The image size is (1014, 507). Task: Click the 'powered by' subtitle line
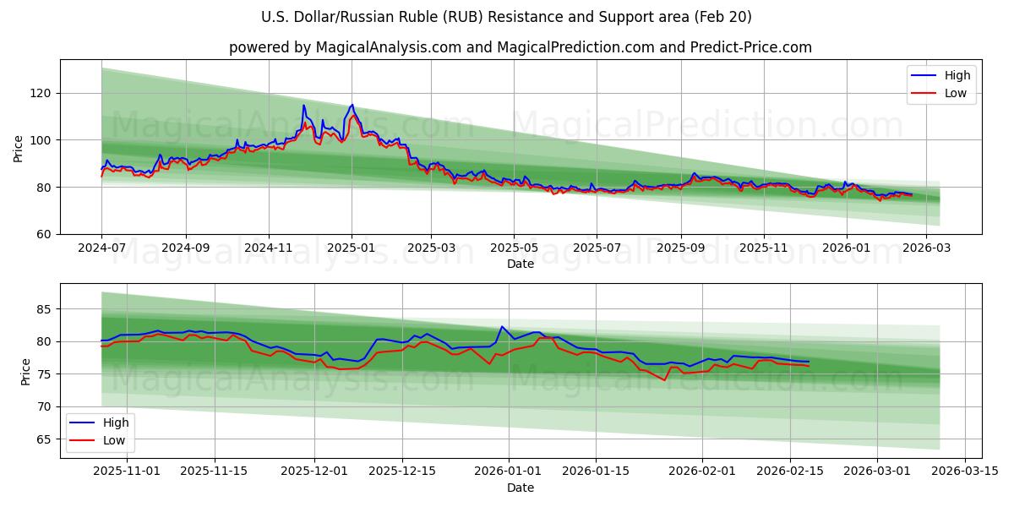(520, 47)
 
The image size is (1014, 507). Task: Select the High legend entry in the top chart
(957, 76)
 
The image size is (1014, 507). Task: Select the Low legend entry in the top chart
(955, 93)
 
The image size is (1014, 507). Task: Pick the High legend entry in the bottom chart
(116, 422)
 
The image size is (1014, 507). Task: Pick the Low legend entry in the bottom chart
(114, 439)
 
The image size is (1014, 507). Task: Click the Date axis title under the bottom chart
(520, 488)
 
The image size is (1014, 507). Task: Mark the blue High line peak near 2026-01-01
(502, 326)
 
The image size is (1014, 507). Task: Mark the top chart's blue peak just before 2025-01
(352, 105)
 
